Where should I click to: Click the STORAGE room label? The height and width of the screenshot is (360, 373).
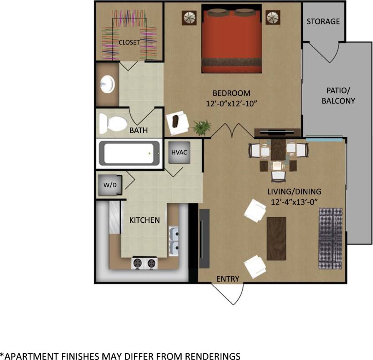[x=323, y=21]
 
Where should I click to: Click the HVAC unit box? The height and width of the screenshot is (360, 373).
[x=179, y=152]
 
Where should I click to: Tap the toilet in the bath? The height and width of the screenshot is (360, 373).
[x=113, y=123]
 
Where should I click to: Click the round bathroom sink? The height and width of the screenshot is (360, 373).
[x=107, y=85]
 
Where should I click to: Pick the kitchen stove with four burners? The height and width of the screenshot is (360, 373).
[x=144, y=263]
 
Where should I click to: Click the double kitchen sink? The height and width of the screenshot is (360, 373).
[x=174, y=241]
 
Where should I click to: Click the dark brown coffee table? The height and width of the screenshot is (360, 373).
[x=276, y=238]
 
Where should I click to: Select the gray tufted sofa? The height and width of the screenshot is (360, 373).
[x=330, y=238]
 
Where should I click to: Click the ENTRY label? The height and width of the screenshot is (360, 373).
[x=228, y=279]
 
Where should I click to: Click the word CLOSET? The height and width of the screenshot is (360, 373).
[x=129, y=42]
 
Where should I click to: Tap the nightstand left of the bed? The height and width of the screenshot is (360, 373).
[x=189, y=18]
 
